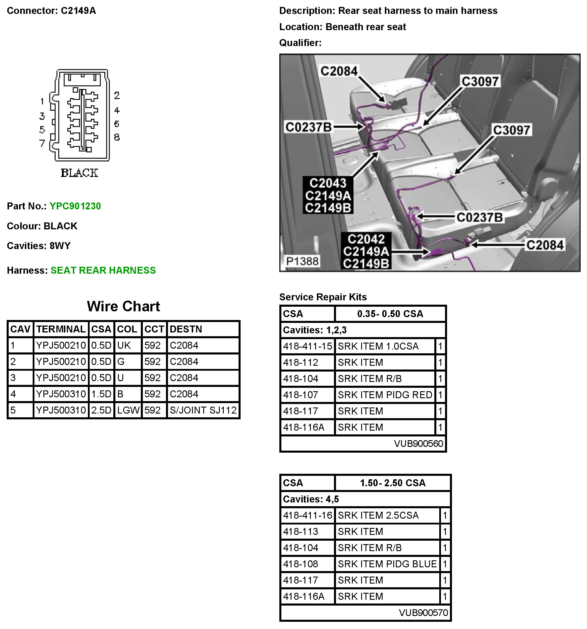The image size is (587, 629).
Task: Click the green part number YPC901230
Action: (x=75, y=206)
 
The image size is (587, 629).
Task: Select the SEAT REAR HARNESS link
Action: (x=103, y=270)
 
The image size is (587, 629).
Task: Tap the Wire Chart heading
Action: (x=123, y=306)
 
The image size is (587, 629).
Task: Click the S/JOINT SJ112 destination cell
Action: (x=203, y=410)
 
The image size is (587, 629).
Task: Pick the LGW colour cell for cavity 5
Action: (x=128, y=410)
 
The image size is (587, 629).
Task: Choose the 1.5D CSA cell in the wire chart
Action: (x=101, y=394)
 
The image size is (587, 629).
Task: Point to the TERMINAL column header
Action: (x=61, y=329)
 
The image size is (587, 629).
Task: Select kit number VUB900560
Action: (x=418, y=444)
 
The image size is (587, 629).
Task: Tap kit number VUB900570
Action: (x=423, y=612)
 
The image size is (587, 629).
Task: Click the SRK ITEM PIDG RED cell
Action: (x=385, y=395)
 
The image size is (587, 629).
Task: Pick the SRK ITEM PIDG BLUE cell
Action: (x=387, y=564)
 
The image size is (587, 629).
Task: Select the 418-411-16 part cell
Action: (x=307, y=515)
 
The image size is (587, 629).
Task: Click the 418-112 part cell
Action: (x=301, y=362)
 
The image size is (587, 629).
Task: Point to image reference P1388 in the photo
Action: (x=302, y=261)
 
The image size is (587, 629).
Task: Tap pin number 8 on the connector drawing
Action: (x=117, y=137)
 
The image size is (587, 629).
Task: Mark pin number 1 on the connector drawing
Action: (x=42, y=101)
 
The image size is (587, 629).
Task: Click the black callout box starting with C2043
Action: (x=328, y=195)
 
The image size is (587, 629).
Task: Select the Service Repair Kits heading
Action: (x=323, y=297)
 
